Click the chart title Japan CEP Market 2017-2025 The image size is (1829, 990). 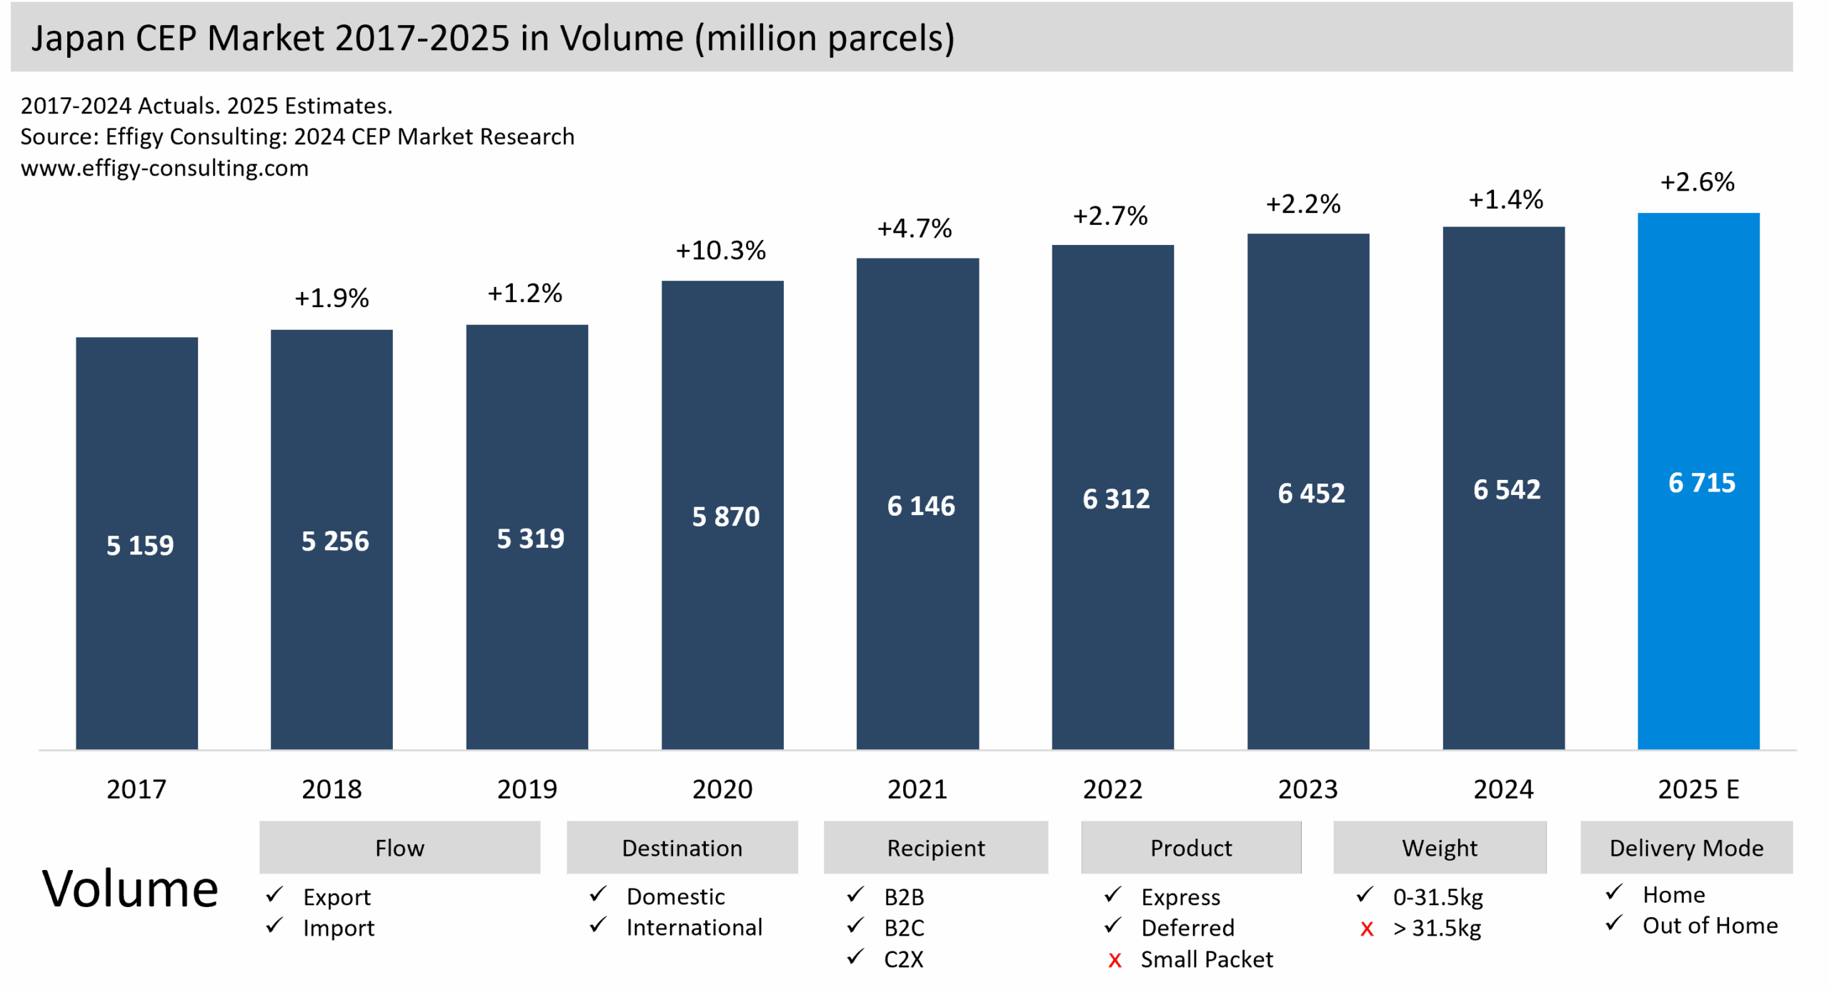(x=493, y=38)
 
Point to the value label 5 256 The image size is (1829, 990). (x=335, y=541)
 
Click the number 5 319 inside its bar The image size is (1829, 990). (x=530, y=539)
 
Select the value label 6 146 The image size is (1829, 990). (x=921, y=506)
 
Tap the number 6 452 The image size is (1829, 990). (x=1311, y=494)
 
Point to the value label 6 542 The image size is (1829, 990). (x=1507, y=490)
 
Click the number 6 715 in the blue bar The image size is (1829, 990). (x=1702, y=484)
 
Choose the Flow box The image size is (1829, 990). (x=399, y=848)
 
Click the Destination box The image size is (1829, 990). (x=682, y=848)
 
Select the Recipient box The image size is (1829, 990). (x=936, y=848)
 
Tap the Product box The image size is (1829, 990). (x=1191, y=848)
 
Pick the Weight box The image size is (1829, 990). (x=1440, y=848)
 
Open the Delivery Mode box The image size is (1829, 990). (x=1686, y=848)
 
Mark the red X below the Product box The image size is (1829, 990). (x=1115, y=961)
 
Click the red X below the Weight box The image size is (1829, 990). (x=1367, y=929)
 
